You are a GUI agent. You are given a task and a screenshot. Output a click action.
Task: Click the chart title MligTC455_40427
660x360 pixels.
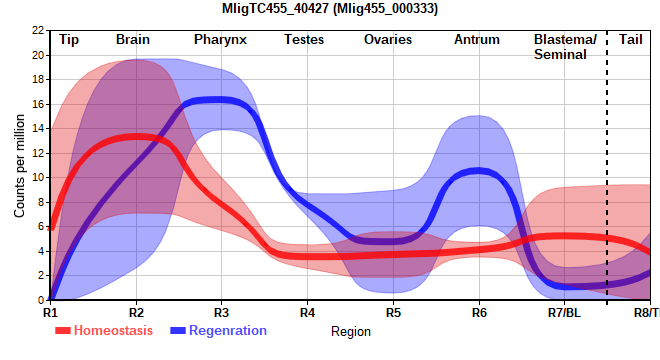(275, 8)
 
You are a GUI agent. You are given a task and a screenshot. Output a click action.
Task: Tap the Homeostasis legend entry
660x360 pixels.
(104, 331)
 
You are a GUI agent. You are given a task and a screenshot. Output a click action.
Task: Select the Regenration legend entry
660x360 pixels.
(218, 331)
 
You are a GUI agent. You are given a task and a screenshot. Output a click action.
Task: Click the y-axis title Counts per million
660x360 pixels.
(19, 166)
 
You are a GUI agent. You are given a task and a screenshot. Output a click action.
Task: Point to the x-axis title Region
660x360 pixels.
(351, 332)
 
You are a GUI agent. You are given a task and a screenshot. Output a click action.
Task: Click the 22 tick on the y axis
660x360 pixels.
(38, 30)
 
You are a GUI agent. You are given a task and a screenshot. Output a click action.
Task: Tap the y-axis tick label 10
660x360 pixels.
(38, 177)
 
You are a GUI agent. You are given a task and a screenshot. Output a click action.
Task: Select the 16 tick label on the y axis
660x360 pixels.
(38, 104)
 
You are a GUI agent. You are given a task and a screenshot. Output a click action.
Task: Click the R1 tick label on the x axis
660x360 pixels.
(50, 313)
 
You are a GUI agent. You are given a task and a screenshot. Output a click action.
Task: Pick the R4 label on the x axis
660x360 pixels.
(307, 313)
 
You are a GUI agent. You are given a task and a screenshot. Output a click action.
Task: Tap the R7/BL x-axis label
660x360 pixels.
(564, 313)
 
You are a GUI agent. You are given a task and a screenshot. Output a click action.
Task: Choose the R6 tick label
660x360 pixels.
(479, 313)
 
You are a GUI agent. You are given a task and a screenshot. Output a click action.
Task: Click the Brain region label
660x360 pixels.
(133, 40)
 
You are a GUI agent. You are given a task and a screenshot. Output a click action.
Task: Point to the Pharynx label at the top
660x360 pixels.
(220, 40)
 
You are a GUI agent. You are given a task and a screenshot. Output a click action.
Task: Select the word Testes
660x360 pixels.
(304, 40)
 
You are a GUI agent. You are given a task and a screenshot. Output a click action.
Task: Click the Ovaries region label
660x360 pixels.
(388, 40)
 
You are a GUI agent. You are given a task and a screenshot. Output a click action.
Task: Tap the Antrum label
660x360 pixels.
(477, 40)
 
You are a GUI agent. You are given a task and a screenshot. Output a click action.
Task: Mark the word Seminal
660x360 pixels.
(560, 55)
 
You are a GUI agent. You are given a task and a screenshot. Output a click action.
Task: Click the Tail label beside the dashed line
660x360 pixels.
(631, 40)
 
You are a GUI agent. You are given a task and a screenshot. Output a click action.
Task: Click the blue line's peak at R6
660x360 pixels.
(478, 171)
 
